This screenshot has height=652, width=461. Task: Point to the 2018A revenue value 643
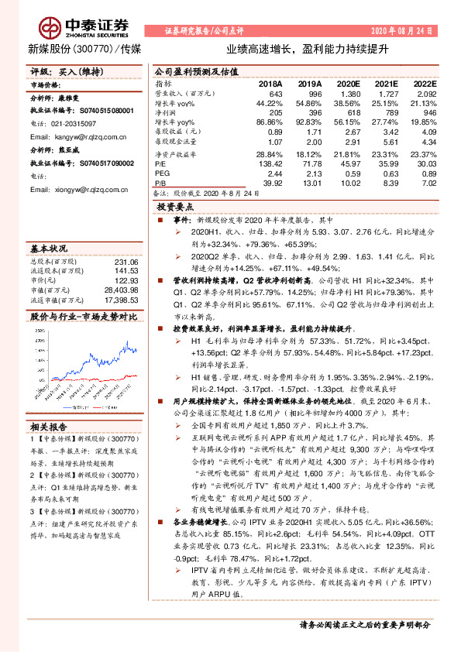click(274, 92)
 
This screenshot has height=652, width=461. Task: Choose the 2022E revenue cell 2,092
click(425, 92)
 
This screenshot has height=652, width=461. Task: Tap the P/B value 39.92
click(270, 183)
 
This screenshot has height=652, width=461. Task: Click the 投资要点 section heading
click(174, 208)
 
